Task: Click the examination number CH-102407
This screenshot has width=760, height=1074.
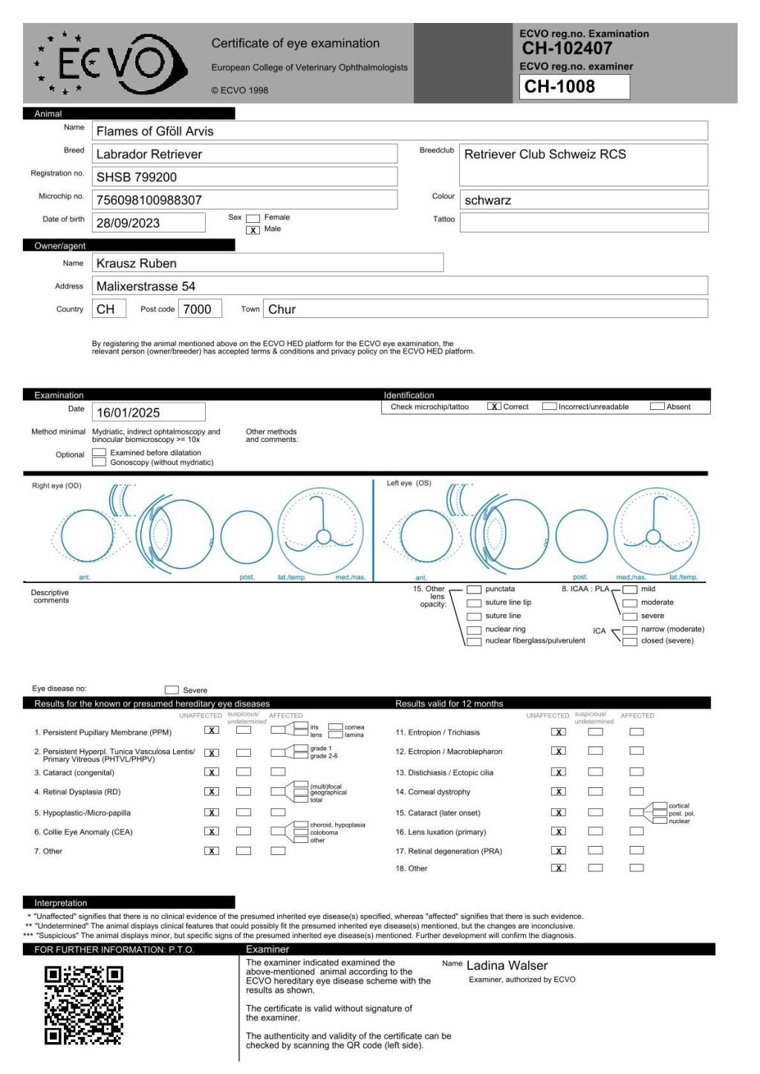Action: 567,49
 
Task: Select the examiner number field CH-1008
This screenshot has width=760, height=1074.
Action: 575,87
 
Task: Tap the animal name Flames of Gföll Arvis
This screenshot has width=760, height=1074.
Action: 155,131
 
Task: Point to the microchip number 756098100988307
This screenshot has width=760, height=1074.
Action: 149,200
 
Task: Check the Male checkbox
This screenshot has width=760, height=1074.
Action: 253,230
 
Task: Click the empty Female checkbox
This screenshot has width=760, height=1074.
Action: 253,218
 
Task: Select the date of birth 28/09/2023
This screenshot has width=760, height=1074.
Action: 129,223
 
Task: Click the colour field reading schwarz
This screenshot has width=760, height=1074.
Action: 488,200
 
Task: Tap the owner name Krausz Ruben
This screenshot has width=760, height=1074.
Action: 137,263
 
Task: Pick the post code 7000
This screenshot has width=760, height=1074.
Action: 198,309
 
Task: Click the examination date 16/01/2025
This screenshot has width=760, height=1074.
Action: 129,412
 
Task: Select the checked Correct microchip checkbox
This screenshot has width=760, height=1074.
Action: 494,407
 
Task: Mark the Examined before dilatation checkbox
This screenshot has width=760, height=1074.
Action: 99,452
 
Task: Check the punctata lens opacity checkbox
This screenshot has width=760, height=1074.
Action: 473,590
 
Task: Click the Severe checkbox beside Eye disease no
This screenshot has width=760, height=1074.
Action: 172,690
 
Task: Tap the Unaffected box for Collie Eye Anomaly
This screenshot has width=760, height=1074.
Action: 212,832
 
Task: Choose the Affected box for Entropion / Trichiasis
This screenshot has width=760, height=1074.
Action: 637,732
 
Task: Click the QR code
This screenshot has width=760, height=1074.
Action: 84,1005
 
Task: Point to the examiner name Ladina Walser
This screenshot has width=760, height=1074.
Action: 507,966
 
